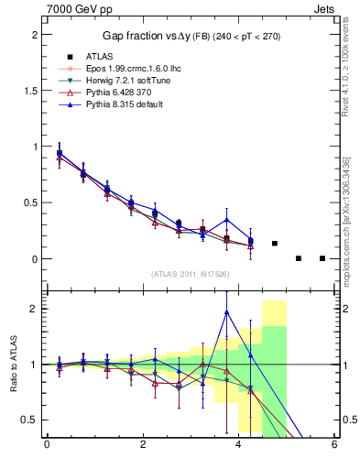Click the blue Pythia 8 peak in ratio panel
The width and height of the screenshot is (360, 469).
(x=226, y=312)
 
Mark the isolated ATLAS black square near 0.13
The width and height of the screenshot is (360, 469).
(x=275, y=244)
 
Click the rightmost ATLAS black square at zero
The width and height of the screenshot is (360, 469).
(x=322, y=258)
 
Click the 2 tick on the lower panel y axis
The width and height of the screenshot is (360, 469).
(x=34, y=309)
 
